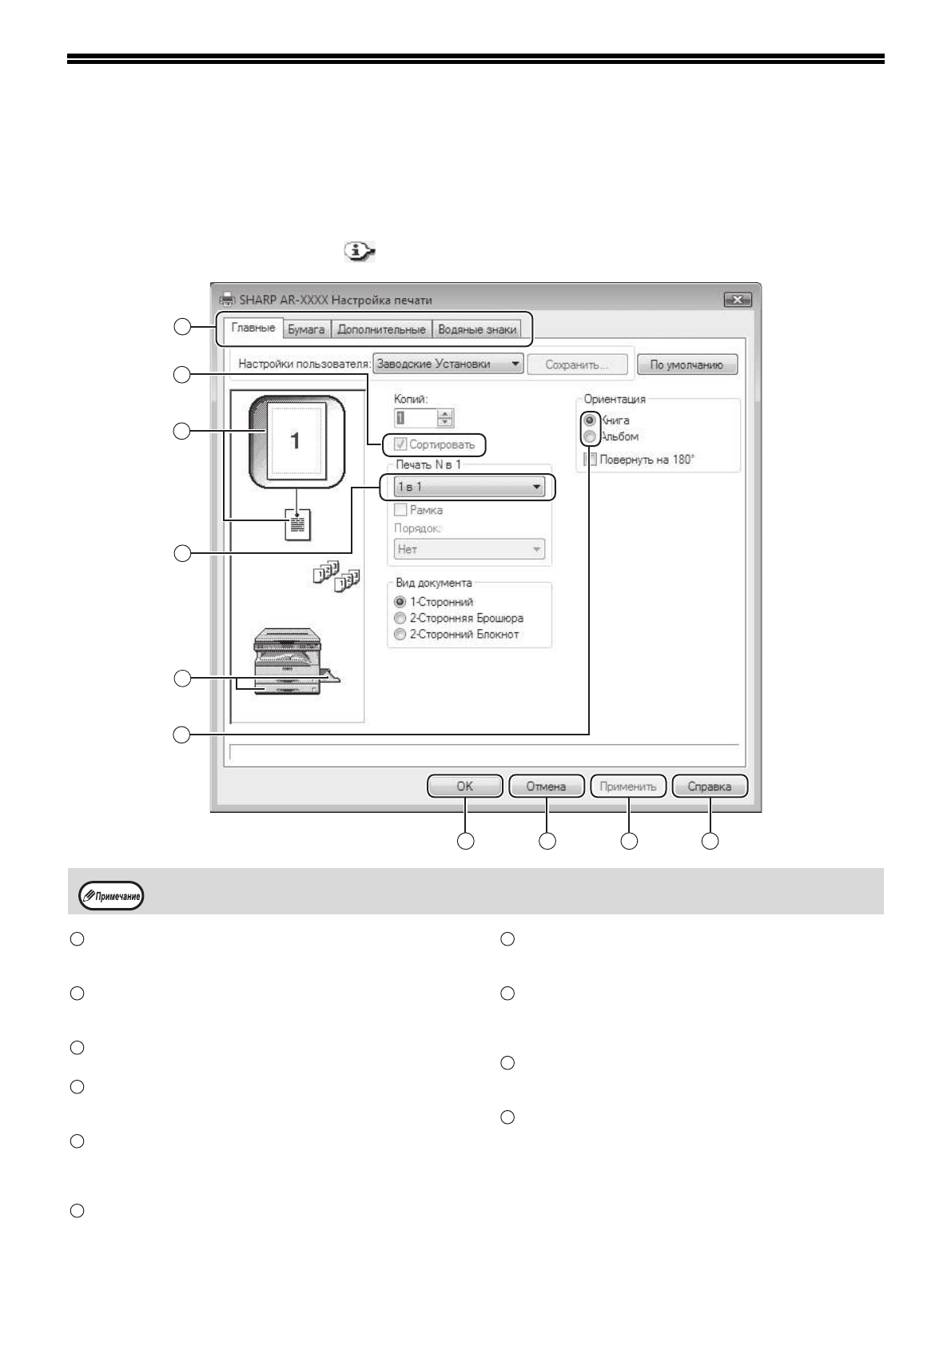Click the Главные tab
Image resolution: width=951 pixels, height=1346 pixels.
click(x=253, y=329)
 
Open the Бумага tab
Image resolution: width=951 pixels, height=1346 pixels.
click(x=305, y=329)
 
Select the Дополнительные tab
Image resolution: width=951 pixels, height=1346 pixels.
click(x=380, y=329)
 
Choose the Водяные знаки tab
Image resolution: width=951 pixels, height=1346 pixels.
click(x=477, y=329)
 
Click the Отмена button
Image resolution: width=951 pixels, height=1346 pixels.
click(x=546, y=786)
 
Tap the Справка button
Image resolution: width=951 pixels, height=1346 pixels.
click(x=710, y=786)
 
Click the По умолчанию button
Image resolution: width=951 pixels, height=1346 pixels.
click(x=686, y=364)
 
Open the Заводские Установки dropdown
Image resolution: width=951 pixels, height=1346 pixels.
click(x=448, y=364)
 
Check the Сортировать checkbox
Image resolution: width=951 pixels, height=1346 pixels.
click(x=401, y=444)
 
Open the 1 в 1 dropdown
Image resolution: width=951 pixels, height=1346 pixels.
click(x=469, y=486)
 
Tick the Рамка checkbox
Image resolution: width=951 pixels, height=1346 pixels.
click(x=401, y=510)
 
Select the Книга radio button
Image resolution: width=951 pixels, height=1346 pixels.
click(x=590, y=420)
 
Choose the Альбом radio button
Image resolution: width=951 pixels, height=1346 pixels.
click(x=590, y=437)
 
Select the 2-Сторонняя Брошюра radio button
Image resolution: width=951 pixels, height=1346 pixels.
click(x=400, y=618)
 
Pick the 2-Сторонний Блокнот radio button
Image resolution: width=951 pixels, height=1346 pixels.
click(x=400, y=635)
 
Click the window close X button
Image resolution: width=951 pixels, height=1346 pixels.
click(x=737, y=300)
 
